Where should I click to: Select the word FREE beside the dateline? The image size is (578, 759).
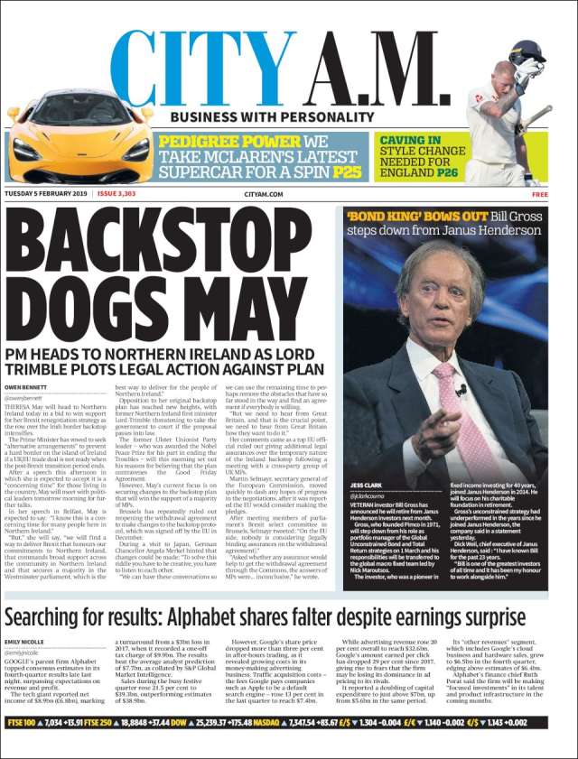[539, 194]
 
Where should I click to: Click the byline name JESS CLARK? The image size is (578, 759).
[365, 485]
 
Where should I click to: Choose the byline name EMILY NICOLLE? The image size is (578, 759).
[26, 642]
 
